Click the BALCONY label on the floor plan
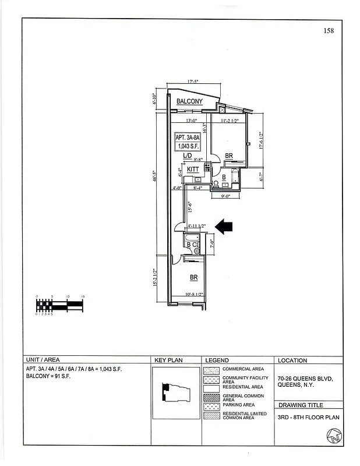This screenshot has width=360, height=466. [189, 101]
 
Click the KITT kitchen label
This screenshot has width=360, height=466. [193, 170]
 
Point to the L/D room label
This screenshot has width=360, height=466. [187, 156]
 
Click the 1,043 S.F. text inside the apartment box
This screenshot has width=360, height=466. [189, 146]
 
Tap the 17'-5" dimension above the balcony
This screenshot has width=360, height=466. [193, 82]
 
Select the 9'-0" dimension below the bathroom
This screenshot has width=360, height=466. [226, 196]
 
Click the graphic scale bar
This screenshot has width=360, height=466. [61, 305]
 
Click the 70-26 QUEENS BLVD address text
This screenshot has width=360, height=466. [305, 378]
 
